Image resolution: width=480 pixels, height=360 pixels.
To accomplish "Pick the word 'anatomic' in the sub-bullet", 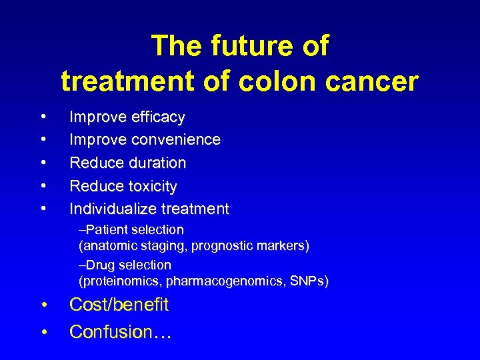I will pos(109,246).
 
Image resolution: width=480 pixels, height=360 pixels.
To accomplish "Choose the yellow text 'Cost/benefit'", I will pos(119,305).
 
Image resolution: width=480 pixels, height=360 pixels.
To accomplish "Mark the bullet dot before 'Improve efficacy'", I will pos(43,117).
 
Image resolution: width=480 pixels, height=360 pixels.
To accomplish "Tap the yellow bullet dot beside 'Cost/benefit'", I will pos(43,305).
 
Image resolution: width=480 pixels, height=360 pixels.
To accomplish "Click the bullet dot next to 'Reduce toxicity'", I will pos(43,186).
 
